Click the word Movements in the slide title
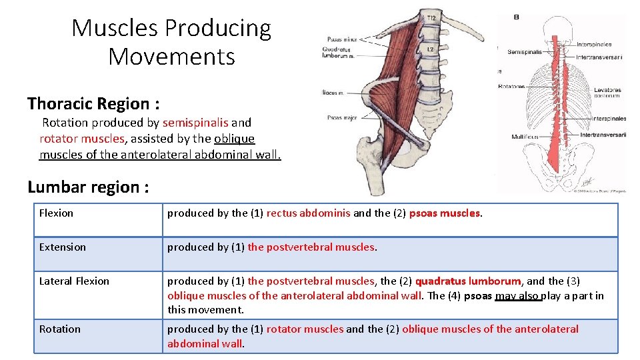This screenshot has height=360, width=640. (171, 57)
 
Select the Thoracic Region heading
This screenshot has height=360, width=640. (93, 104)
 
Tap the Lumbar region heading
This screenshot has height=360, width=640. (87, 187)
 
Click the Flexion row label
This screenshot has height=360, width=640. (56, 213)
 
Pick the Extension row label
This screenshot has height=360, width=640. (62, 247)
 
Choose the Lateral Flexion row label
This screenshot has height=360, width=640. (74, 281)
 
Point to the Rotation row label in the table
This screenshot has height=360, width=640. (59, 329)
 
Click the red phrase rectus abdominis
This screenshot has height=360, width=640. (308, 213)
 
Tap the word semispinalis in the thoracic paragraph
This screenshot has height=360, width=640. (195, 123)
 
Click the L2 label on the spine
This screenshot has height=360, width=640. (430, 50)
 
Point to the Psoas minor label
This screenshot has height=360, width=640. (337, 40)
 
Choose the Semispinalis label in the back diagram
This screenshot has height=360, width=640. (525, 52)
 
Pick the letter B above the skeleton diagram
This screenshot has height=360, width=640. (516, 17)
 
